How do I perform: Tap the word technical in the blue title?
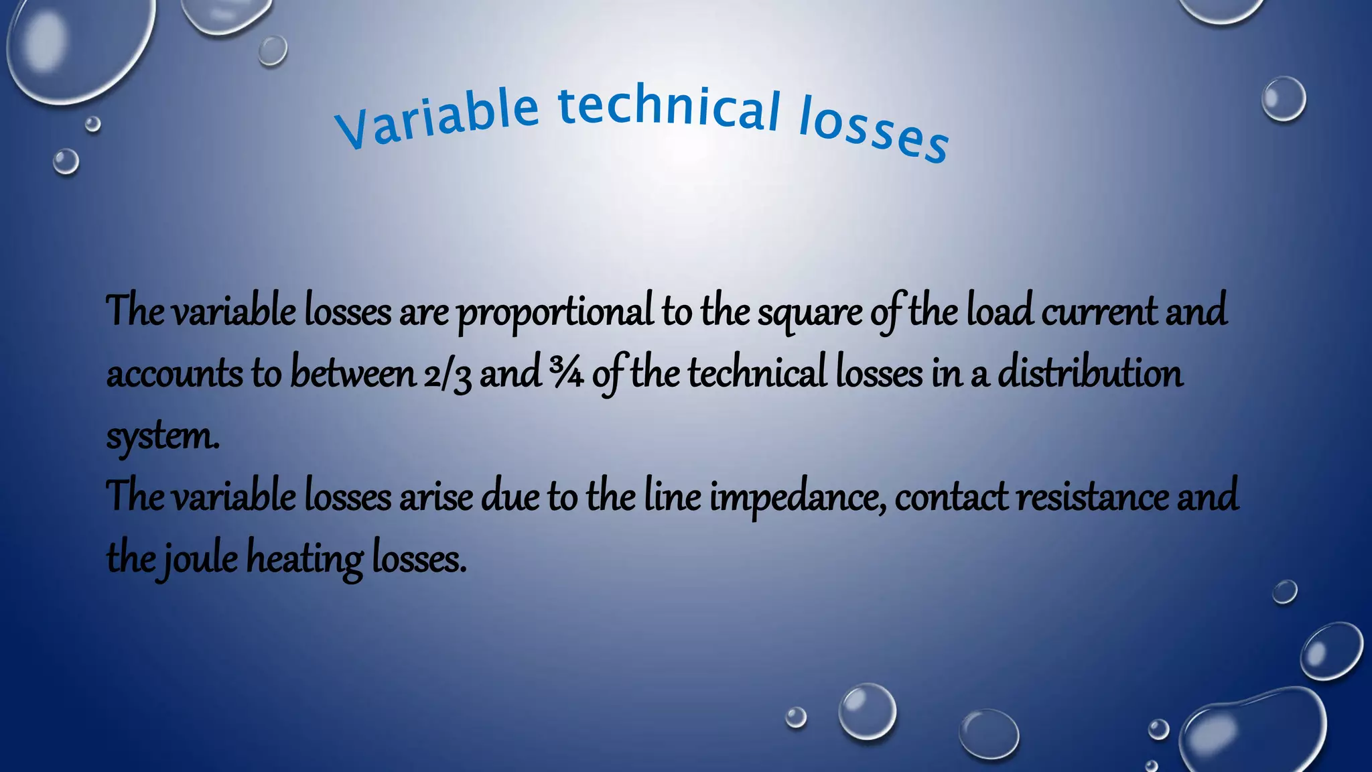pos(669,108)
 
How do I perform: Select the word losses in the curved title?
pos(874,130)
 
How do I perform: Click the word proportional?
pos(555,312)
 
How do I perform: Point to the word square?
pos(810,314)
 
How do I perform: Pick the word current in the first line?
pos(1099,311)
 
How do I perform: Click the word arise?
pos(436,497)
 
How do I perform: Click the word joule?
pos(199,559)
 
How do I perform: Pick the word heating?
pos(305,559)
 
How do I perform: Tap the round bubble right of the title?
pos(1284,99)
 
